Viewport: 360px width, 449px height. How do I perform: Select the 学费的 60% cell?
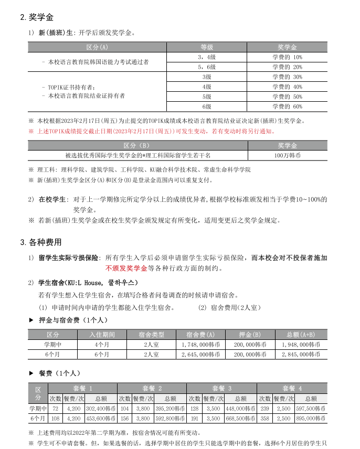[287, 106]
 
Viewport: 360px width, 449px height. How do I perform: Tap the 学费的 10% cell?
[287, 57]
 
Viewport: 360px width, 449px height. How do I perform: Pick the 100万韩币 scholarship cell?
[287, 155]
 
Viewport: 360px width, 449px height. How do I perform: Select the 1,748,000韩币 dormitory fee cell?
[198, 345]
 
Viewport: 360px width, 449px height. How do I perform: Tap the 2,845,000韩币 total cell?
[301, 355]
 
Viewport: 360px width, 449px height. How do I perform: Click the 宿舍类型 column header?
[151, 335]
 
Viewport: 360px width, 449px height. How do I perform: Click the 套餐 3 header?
[221, 388]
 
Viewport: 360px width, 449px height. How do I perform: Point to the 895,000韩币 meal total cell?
[311, 419]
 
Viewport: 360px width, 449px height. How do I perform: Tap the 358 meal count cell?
[265, 419]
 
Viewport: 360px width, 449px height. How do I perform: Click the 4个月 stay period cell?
[102, 345]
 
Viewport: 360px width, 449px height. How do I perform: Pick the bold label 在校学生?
[52, 199]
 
